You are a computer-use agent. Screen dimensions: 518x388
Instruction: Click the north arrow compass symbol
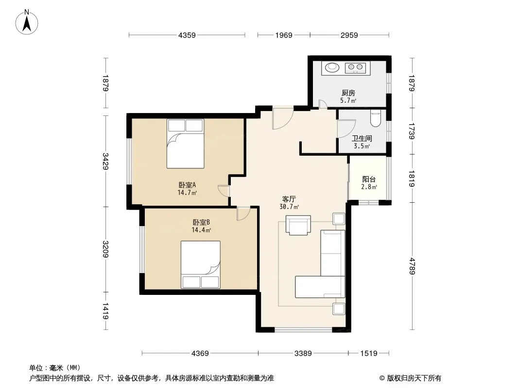[x=27, y=22]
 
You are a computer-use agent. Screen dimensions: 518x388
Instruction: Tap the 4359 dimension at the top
[x=187, y=35]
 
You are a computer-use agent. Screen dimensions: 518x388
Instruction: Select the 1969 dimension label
[x=284, y=35]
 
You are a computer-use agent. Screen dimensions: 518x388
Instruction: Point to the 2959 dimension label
[x=349, y=35]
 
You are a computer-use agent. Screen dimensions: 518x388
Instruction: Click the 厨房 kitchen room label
[x=348, y=93]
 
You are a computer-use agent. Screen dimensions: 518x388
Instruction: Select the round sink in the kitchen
[x=332, y=67]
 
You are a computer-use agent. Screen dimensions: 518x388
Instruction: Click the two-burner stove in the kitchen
[x=356, y=68]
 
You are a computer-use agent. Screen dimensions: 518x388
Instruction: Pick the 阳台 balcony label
[x=369, y=179]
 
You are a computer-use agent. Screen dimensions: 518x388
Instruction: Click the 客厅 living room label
[x=289, y=199]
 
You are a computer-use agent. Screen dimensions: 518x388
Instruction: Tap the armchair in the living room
[x=298, y=225]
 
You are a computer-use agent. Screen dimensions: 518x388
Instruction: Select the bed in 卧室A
[x=185, y=144]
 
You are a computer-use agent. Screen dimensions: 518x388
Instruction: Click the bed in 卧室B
[x=201, y=265]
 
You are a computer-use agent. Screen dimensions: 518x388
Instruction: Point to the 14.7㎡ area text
[x=187, y=193]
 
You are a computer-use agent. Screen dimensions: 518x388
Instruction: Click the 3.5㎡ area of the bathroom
[x=362, y=146]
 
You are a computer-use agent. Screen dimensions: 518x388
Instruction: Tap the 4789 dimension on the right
[x=412, y=266]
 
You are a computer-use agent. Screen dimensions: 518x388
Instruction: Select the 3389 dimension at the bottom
[x=303, y=354]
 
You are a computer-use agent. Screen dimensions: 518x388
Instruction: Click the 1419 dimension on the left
[x=106, y=311]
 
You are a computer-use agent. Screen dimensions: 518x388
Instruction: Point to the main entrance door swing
[x=283, y=118]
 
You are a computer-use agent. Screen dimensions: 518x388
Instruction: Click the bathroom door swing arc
[x=346, y=129]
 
